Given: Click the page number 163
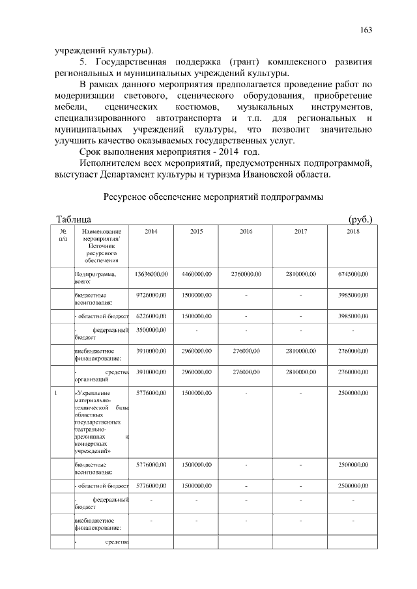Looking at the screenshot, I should click(x=366, y=31).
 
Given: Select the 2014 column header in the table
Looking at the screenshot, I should click(x=151, y=232).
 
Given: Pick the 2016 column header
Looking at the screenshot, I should click(x=246, y=232).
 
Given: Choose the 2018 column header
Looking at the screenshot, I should click(x=352, y=232).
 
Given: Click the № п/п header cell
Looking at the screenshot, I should click(x=63, y=236).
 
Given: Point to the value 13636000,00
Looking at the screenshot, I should click(x=151, y=275).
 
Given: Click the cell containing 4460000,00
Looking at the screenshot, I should click(x=197, y=275).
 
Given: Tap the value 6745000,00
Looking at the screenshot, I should click(x=352, y=275).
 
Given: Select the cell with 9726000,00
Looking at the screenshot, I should click(x=151, y=295).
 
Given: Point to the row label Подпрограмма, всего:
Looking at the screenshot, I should click(x=94, y=278).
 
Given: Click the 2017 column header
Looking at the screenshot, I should click(x=300, y=232).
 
